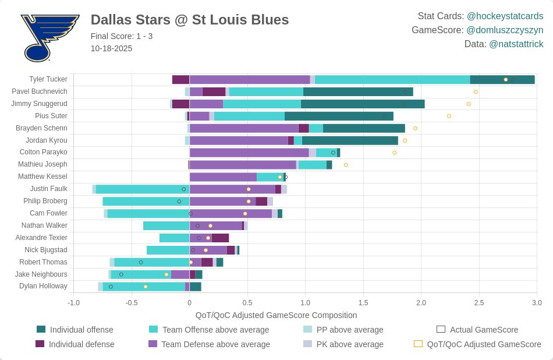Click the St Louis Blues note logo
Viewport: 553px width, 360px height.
tap(49, 38)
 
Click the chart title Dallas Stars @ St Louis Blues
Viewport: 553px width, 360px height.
tap(190, 20)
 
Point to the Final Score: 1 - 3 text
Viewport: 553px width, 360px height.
tap(122, 36)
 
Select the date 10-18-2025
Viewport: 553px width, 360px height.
tap(111, 48)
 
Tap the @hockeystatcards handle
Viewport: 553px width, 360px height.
tap(505, 16)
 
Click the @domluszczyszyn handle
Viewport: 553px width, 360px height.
tap(505, 30)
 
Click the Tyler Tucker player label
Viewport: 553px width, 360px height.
tap(48, 79)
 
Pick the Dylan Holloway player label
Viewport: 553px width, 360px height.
tap(43, 286)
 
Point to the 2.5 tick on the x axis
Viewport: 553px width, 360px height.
tap(479, 303)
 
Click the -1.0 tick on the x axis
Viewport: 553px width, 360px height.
tap(74, 303)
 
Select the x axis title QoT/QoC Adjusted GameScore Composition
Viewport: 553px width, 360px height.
tap(276, 315)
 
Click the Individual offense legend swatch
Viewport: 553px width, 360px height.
tap(41, 330)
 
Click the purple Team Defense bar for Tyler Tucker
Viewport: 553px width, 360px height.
tap(250, 79)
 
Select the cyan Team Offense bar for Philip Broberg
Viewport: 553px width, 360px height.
tap(146, 201)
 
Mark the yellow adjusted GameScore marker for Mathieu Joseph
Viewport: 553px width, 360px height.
tap(346, 165)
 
